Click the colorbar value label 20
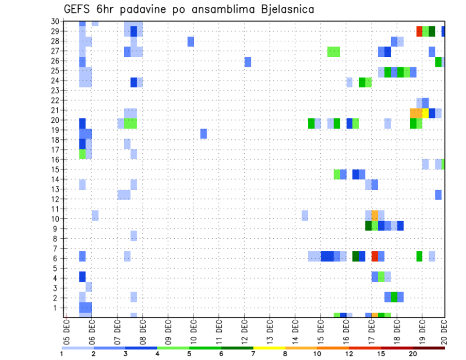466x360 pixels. tap(413, 353)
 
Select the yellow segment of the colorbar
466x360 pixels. tap(269, 348)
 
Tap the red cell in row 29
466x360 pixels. tap(419, 31)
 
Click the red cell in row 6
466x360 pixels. tap(375, 256)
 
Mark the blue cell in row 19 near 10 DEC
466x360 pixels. tap(203, 133)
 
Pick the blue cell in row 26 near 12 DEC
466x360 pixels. tap(248, 62)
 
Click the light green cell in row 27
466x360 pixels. tap(333, 51)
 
